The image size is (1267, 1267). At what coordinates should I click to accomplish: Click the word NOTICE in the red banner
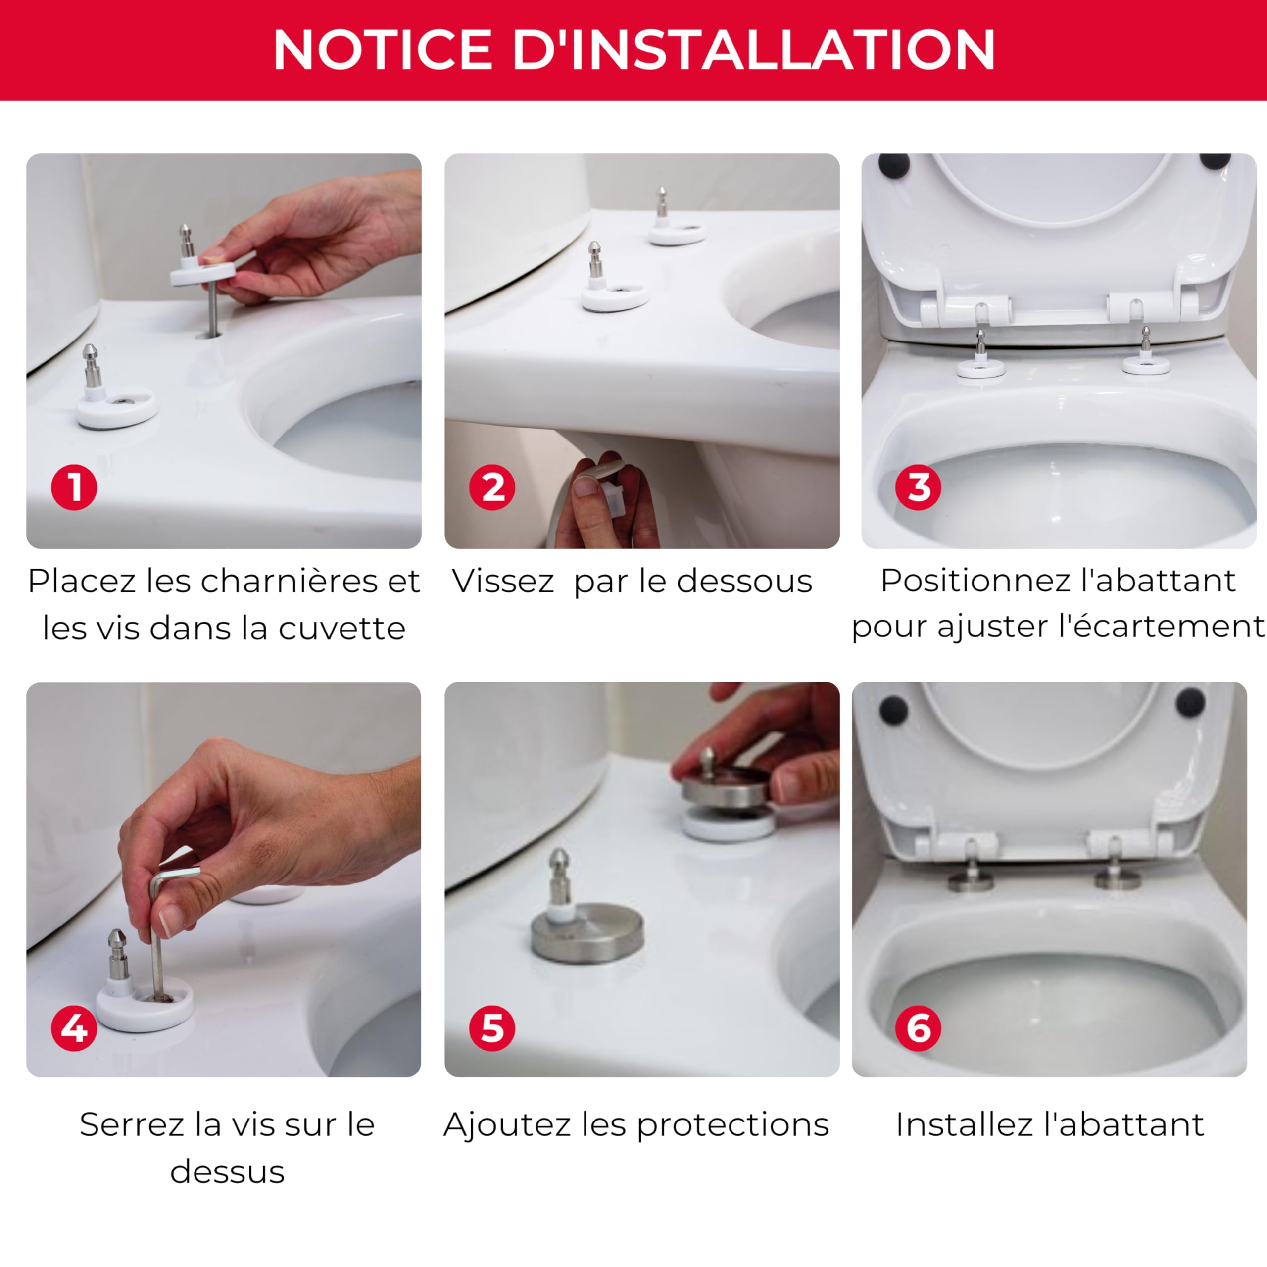pyautogui.click(x=383, y=50)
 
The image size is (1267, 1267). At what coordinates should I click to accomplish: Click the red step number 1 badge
pyautogui.click(x=74, y=487)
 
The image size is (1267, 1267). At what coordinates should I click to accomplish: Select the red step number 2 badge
pyautogui.click(x=492, y=487)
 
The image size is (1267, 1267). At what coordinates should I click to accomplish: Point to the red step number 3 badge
pyautogui.click(x=918, y=487)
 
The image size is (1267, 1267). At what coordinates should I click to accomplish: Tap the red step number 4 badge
pyautogui.click(x=74, y=1027)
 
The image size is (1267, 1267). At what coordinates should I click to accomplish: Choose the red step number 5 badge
pyautogui.click(x=492, y=1027)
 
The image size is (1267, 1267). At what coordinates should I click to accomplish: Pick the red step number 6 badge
pyautogui.click(x=918, y=1027)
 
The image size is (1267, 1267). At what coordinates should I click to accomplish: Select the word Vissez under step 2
pyautogui.click(x=503, y=582)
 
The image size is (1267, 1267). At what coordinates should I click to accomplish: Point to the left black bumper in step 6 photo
pyautogui.click(x=893, y=710)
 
